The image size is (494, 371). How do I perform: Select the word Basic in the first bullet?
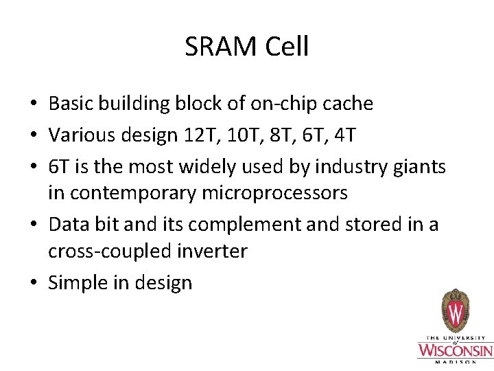coord(71,104)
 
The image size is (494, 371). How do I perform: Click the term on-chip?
coord(271,104)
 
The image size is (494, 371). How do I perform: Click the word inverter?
coord(215,251)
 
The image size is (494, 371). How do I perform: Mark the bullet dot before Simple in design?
coord(33,283)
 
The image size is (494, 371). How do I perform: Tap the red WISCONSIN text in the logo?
coord(455,350)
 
